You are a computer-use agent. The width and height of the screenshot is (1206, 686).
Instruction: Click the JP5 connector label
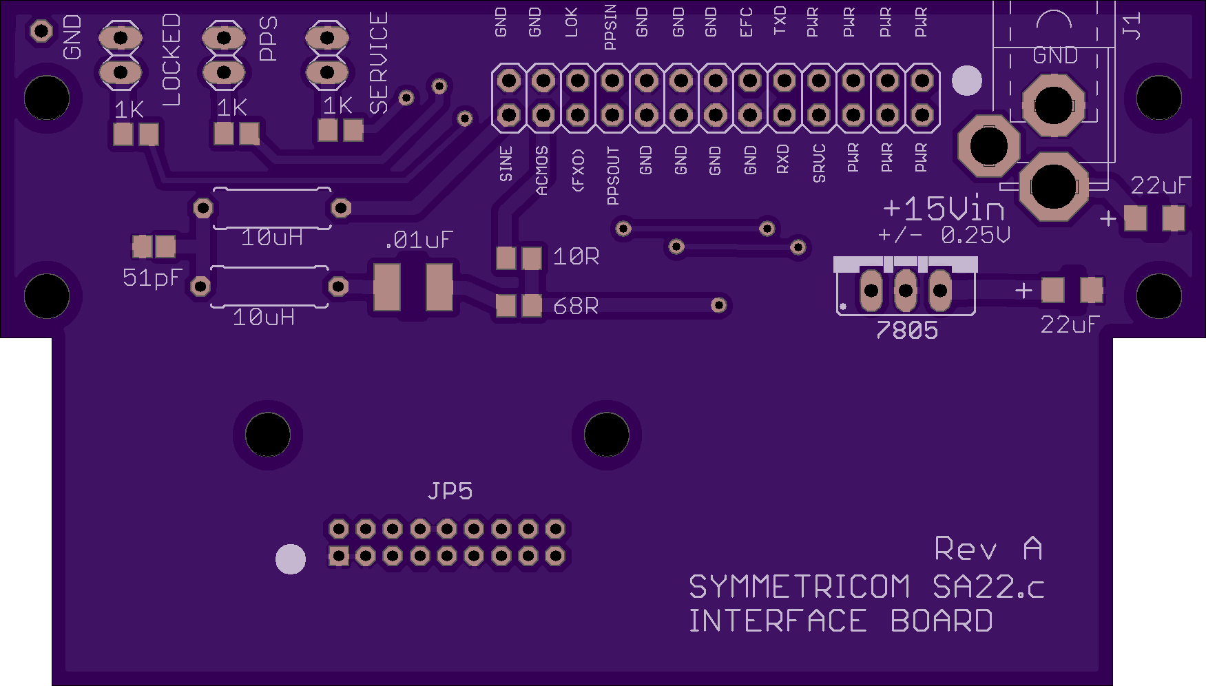[x=450, y=491]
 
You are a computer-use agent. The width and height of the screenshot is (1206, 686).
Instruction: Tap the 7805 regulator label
[x=906, y=331]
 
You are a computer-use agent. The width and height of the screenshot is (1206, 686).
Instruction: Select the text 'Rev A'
[x=988, y=549]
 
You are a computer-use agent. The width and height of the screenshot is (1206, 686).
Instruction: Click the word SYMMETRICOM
[x=799, y=588]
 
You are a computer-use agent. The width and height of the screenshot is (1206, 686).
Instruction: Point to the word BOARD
[x=941, y=621]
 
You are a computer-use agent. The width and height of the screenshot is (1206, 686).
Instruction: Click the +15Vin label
[x=943, y=209]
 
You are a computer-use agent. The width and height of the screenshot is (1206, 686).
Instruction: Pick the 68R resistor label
[x=576, y=306]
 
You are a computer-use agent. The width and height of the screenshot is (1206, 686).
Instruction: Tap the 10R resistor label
[x=576, y=257]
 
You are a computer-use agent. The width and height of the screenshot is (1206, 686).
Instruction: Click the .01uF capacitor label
[x=418, y=240]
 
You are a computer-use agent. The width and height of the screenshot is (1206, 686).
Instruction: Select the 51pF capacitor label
[x=152, y=278]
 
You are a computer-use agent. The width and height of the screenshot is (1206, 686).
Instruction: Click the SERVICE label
[x=379, y=63]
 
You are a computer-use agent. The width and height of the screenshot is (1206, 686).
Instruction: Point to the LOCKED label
[x=171, y=60]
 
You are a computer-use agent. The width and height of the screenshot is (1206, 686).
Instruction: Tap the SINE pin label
[x=506, y=164]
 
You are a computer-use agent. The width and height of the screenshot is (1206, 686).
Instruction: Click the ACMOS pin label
[x=542, y=170]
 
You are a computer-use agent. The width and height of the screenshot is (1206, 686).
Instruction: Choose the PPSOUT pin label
[x=612, y=176]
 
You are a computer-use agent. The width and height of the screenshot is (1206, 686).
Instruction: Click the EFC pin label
[x=746, y=22]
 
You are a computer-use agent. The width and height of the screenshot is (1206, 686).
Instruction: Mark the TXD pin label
[x=780, y=21]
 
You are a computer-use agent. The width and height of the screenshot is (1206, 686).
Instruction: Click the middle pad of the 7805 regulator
[x=905, y=291]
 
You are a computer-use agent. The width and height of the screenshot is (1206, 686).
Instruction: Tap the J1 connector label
[x=1132, y=25]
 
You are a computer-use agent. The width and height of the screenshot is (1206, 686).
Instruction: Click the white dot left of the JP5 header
[x=291, y=559]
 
